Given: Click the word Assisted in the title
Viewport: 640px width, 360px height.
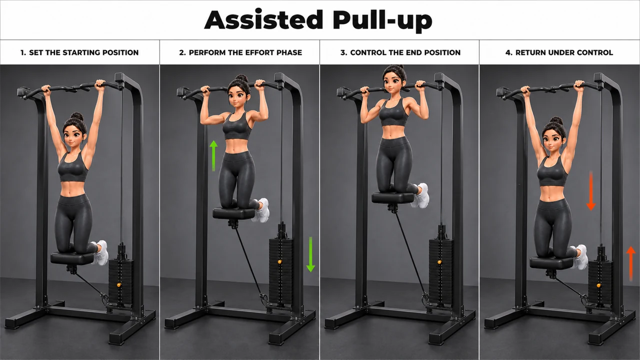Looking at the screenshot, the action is (x=263, y=19).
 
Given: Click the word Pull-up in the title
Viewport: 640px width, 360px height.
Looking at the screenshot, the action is (x=382, y=21).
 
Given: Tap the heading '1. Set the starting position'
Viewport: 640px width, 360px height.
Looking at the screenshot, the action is (x=79, y=52).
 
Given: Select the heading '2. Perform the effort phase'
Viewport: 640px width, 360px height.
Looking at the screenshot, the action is (x=240, y=52).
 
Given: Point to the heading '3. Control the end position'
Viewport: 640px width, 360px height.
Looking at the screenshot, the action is (x=400, y=52).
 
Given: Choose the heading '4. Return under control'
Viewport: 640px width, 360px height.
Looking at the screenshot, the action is (x=559, y=52).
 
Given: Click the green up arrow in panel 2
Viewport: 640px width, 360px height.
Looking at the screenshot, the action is (x=213, y=155).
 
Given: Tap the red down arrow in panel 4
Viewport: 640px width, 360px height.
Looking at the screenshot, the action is (x=591, y=191).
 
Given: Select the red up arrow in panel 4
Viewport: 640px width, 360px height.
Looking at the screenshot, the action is (x=631, y=263).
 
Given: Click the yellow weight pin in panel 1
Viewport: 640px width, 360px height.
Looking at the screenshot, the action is (x=118, y=285).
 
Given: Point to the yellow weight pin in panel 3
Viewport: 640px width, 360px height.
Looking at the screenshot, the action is (x=439, y=261).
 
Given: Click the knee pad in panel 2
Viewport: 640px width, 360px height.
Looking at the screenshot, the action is (x=234, y=213).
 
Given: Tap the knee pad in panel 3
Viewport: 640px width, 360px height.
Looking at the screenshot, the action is (x=393, y=197).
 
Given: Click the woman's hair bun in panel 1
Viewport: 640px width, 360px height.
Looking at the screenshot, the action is (x=77, y=116).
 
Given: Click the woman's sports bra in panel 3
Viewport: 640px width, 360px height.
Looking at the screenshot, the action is (x=393, y=112).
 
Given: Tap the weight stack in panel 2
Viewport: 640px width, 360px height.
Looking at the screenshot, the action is (x=281, y=271).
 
